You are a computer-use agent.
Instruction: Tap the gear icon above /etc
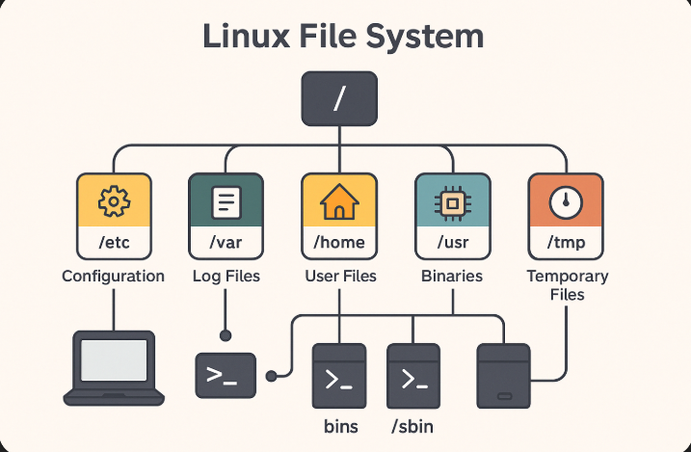[114, 202]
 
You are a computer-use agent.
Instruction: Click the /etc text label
[114, 243]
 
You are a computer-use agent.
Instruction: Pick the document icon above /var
[226, 202]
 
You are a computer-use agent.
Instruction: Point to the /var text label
[226, 243]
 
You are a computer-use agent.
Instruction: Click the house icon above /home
[339, 202]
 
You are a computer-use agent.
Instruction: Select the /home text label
[339, 243]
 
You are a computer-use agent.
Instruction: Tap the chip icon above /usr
[452, 202]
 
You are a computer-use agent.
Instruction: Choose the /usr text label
[452, 243]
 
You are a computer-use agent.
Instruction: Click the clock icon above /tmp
[565, 202]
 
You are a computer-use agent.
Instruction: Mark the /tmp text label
[565, 243]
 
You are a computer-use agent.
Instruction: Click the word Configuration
[114, 277]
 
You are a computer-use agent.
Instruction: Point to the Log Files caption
[226, 277]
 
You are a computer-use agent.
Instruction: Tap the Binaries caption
[452, 277]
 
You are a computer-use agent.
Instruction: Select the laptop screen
[114, 359]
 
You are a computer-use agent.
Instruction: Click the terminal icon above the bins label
[339, 378]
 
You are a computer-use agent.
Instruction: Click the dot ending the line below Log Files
[226, 335]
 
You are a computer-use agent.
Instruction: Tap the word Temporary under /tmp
[567, 277]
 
